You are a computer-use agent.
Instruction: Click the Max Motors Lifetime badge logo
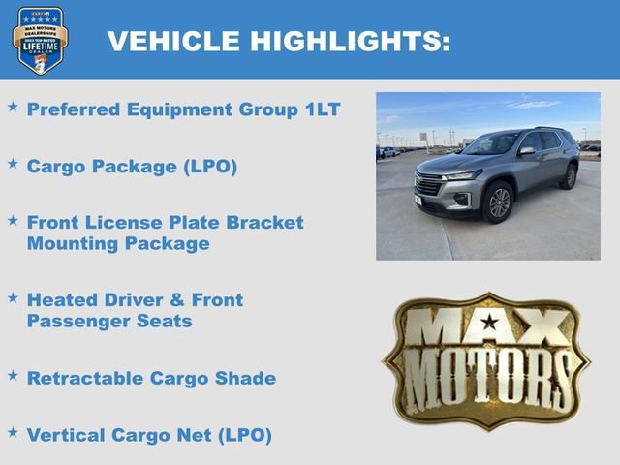(40, 40)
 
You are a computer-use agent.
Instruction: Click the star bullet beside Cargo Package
(13, 164)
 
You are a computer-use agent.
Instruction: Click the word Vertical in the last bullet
(64, 435)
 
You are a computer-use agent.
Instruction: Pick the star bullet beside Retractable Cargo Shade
(13, 376)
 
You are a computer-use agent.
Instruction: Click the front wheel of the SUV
(498, 202)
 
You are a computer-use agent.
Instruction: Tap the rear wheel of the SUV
(570, 175)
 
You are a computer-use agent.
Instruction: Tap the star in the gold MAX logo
(490, 322)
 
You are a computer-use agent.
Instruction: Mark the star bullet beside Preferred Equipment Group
(13, 108)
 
